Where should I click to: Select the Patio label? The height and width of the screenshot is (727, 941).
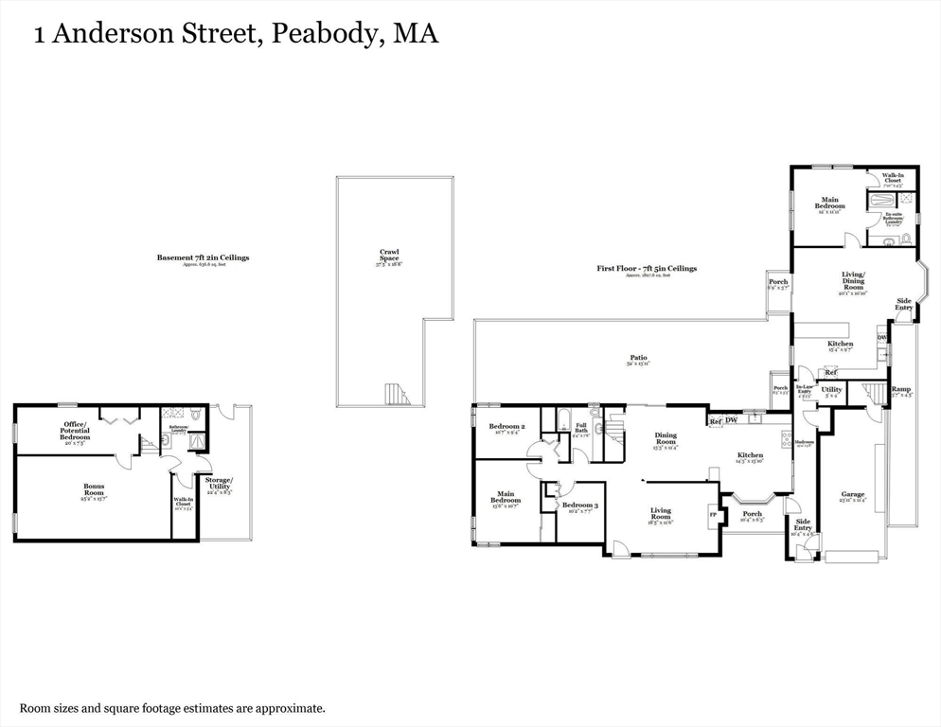pos(639,359)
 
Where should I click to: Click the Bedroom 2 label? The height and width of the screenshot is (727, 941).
pos(507,427)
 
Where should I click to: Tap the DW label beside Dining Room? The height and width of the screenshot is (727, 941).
pos(731,420)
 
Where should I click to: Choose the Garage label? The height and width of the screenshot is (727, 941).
pos(853,494)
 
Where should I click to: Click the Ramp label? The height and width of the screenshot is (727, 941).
pos(900,390)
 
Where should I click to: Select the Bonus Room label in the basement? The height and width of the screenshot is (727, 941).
pos(93,490)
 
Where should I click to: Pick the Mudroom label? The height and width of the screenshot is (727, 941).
pos(804,443)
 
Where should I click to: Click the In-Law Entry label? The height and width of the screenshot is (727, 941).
pos(805,389)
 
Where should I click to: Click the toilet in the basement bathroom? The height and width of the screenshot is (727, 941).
pos(194,415)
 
